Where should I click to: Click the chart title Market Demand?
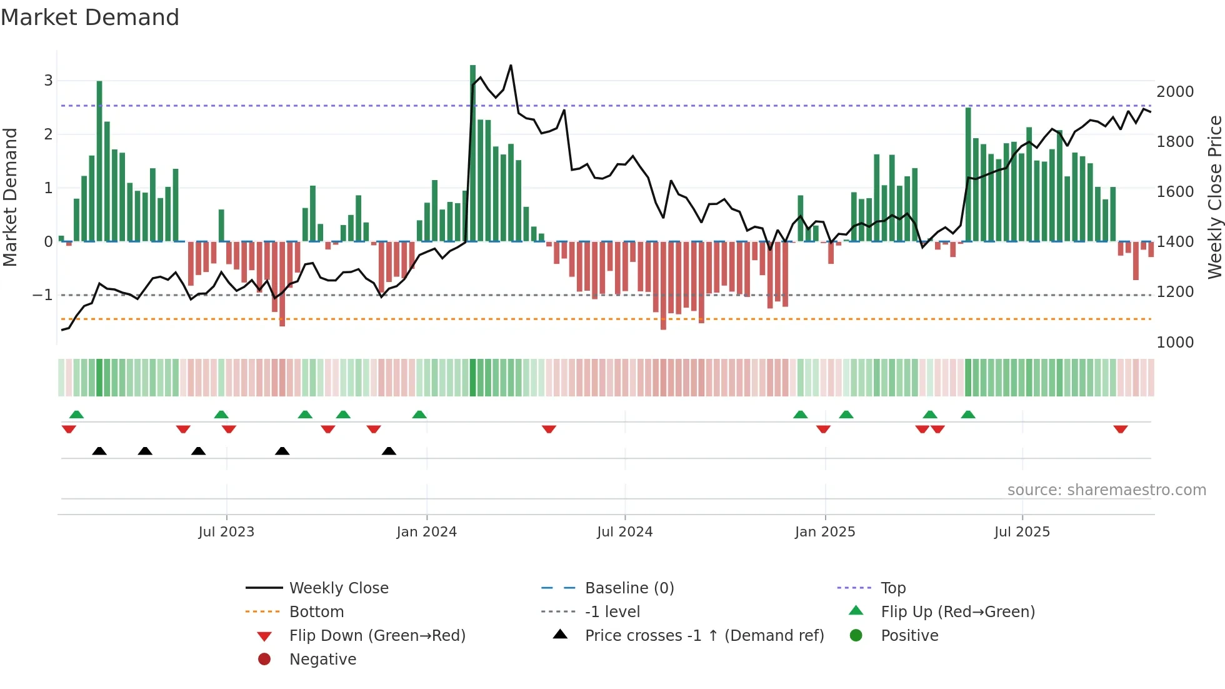point(90,18)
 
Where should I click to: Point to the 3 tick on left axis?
point(48,81)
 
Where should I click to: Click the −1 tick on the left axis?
point(42,295)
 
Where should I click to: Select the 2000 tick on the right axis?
point(1175,92)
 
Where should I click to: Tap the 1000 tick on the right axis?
point(1175,343)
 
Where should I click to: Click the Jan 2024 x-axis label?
point(426,532)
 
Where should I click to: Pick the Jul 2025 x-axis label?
point(1022,532)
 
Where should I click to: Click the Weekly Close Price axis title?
point(1214,197)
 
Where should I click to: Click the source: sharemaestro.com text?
point(1106,490)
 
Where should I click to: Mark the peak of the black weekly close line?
point(511,65)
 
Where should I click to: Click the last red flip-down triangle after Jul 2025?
point(1120,429)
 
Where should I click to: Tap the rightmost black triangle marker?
point(389,451)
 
